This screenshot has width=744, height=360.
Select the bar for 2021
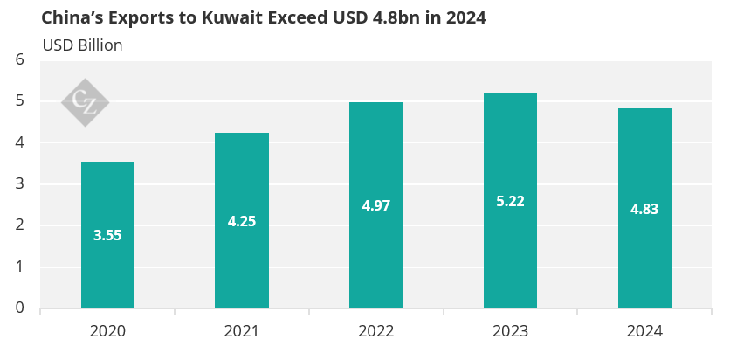(x=242, y=262)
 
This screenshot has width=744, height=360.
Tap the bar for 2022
(x=375, y=253)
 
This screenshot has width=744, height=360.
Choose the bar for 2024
(x=644, y=253)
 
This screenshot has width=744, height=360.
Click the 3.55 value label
(x=107, y=235)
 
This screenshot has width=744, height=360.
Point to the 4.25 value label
(x=242, y=221)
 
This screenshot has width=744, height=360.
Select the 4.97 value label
(x=375, y=206)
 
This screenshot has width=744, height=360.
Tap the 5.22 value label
(x=510, y=201)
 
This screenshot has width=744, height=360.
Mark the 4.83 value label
(x=644, y=209)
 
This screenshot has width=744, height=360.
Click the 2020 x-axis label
(x=107, y=331)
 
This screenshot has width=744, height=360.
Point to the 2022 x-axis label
(x=375, y=331)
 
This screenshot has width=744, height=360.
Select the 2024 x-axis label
(x=644, y=331)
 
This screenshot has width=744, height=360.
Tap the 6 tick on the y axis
(x=20, y=59)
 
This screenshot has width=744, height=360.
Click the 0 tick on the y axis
(x=20, y=308)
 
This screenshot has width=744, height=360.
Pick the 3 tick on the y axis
(x=20, y=183)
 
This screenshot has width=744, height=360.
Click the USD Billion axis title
(x=82, y=45)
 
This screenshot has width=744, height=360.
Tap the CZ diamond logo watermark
(x=85, y=102)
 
